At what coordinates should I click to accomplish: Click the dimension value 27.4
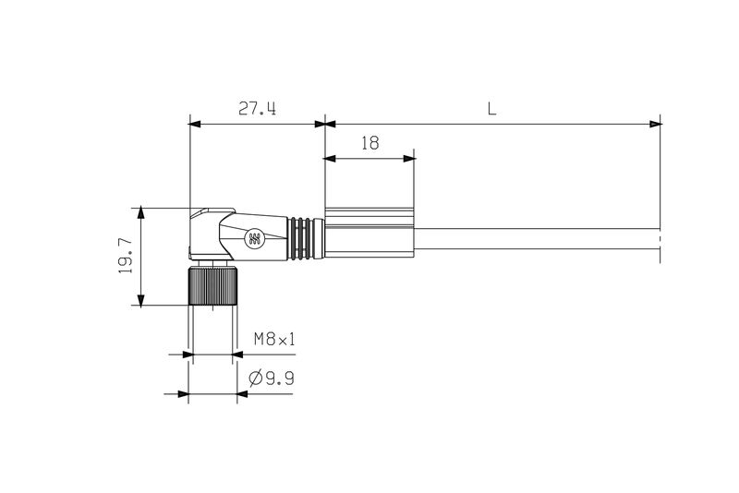tap(258, 109)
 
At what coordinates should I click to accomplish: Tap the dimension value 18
tap(369, 144)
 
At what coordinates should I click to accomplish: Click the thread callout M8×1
tap(274, 340)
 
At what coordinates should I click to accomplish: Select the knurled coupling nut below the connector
tap(212, 285)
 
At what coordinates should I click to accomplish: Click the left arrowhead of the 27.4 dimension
tap(194, 123)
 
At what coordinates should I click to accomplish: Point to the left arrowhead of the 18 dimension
tap(330, 159)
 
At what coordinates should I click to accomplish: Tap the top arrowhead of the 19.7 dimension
tap(140, 211)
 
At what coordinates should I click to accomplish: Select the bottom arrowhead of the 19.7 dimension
tap(140, 300)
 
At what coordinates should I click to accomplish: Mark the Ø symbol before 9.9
tap(255, 379)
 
